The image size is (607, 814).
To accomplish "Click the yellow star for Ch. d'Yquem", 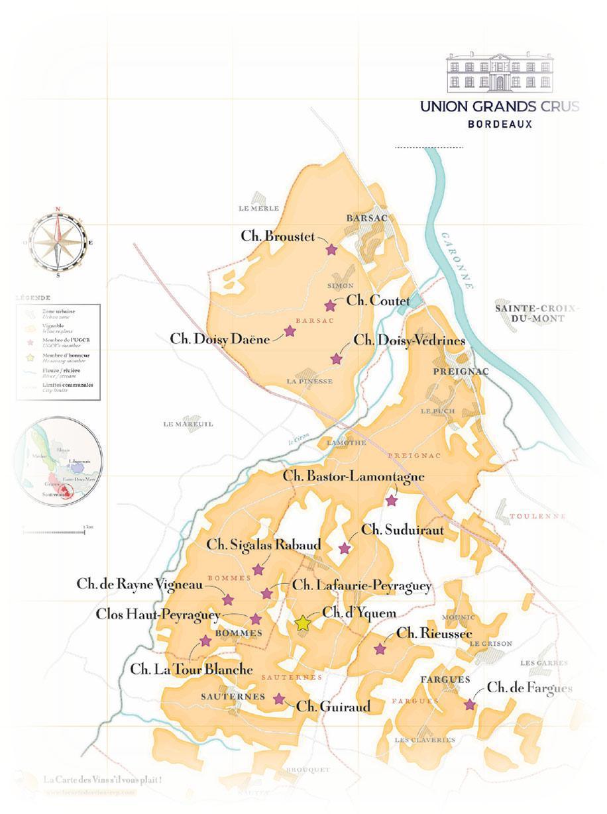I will (303, 623).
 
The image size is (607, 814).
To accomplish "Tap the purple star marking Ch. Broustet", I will (331, 250).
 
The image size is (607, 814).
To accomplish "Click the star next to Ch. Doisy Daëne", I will (290, 331).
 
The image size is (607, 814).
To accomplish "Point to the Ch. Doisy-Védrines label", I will (410, 340).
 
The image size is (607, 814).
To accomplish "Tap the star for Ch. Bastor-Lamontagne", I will (391, 501).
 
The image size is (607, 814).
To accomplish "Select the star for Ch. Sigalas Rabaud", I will (258, 570).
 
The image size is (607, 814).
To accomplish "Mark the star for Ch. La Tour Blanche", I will (205, 640).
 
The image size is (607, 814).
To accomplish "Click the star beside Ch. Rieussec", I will (380, 649).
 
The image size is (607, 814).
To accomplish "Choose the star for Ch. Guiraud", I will (279, 699).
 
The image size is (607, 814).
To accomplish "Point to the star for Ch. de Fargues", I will (470, 705).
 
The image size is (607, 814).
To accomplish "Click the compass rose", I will (58, 242).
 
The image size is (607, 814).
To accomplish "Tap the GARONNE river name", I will (457, 259).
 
